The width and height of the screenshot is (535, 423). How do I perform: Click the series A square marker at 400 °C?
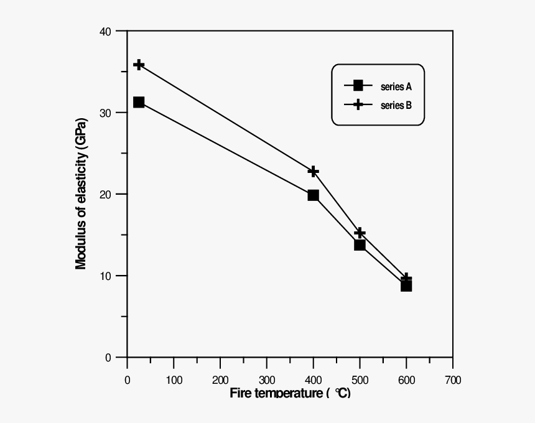(x=313, y=195)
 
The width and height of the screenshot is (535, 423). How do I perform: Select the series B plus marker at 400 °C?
(x=313, y=171)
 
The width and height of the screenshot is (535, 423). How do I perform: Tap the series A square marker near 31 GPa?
(x=139, y=102)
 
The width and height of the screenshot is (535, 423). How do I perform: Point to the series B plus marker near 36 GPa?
(x=139, y=65)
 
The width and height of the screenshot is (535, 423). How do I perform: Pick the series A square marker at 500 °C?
(x=360, y=244)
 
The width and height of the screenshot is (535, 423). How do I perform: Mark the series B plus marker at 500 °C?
(x=360, y=233)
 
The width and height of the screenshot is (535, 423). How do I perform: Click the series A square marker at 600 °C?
(x=406, y=286)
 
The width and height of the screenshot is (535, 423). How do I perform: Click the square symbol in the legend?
(x=358, y=86)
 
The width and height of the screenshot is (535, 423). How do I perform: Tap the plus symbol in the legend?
(x=358, y=105)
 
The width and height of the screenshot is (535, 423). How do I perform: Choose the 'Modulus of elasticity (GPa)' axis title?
(x=81, y=194)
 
